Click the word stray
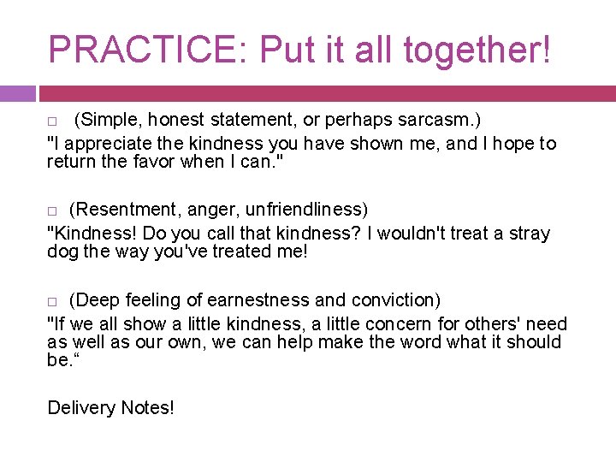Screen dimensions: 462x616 click(x=527, y=234)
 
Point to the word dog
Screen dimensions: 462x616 click(x=62, y=252)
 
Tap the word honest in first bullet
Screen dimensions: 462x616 click(x=181, y=119)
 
